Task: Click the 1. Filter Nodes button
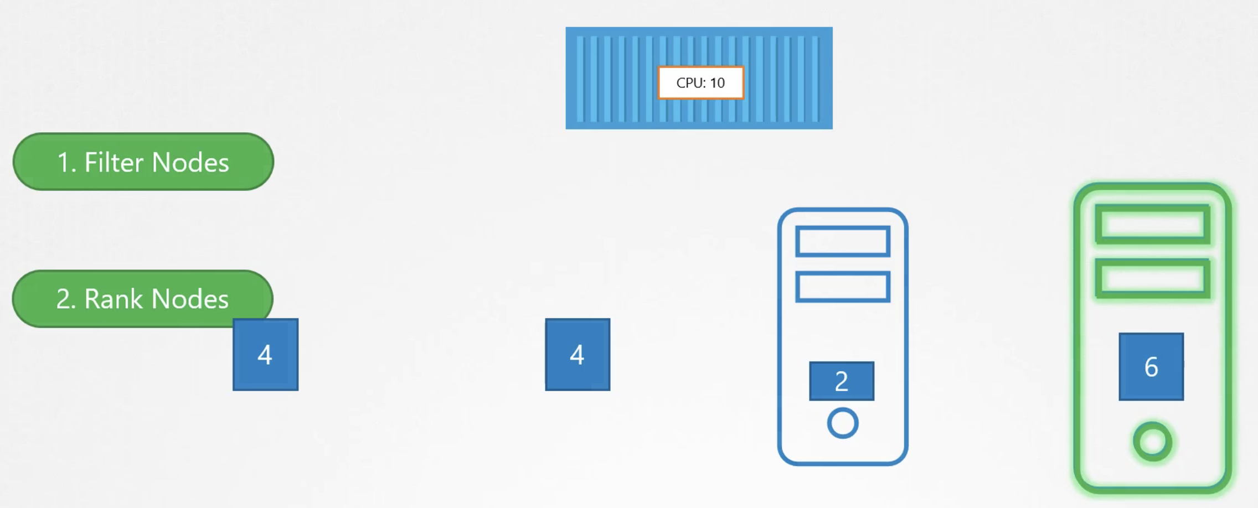tap(143, 162)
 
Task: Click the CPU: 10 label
tap(700, 83)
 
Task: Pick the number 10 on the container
tap(717, 83)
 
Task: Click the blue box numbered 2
tap(842, 381)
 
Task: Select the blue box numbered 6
tap(1151, 367)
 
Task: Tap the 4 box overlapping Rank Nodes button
tap(265, 355)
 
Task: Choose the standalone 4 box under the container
tap(578, 355)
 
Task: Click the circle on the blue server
tap(843, 423)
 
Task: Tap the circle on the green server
tap(1152, 442)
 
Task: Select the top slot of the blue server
tap(843, 241)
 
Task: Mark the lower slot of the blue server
tap(843, 287)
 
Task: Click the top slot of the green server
tap(1152, 224)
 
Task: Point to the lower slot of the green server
tap(1152, 278)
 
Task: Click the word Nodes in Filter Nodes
tap(190, 162)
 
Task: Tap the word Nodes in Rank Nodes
tap(190, 299)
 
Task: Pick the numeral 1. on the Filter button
tap(66, 162)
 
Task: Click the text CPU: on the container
tap(690, 83)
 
